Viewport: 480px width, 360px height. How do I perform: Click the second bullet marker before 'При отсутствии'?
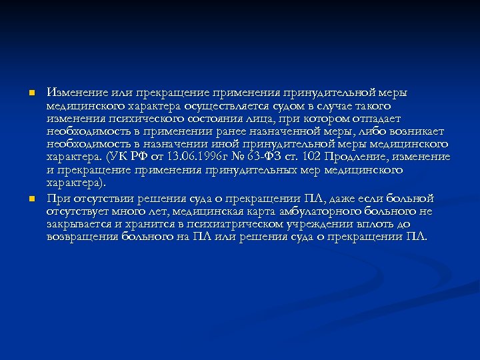coord(31,199)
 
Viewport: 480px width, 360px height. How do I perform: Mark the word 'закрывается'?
coord(75,224)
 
